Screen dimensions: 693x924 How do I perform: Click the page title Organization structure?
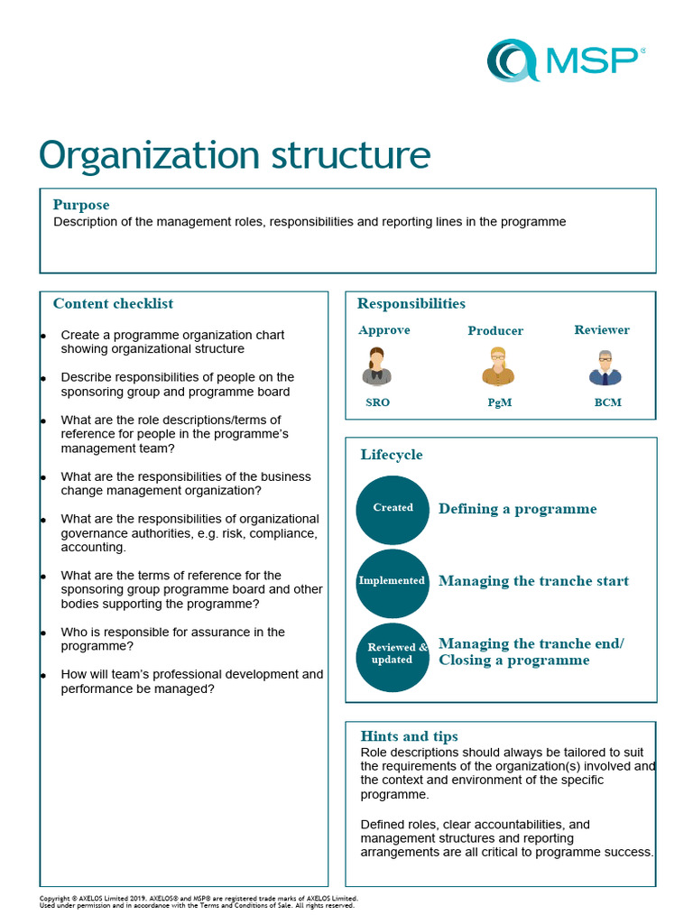click(235, 154)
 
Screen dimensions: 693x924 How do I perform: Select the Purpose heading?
click(81, 205)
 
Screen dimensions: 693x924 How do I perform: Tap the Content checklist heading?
click(113, 304)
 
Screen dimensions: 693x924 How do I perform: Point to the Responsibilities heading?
click(411, 304)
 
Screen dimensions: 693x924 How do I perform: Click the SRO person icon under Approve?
click(377, 366)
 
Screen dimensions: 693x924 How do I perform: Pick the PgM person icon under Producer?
click(498, 367)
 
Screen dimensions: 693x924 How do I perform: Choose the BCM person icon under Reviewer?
click(605, 368)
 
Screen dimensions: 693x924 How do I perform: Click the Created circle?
click(393, 509)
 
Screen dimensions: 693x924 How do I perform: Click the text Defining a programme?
click(518, 509)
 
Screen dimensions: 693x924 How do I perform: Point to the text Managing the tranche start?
click(533, 581)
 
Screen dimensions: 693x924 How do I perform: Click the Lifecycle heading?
click(392, 455)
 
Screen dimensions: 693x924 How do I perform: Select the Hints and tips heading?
click(409, 736)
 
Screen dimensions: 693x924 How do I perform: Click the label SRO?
click(378, 402)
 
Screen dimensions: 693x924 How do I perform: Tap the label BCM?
click(607, 402)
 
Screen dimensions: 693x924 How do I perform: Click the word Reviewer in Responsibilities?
click(602, 330)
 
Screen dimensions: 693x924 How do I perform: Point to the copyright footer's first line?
click(199, 899)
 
